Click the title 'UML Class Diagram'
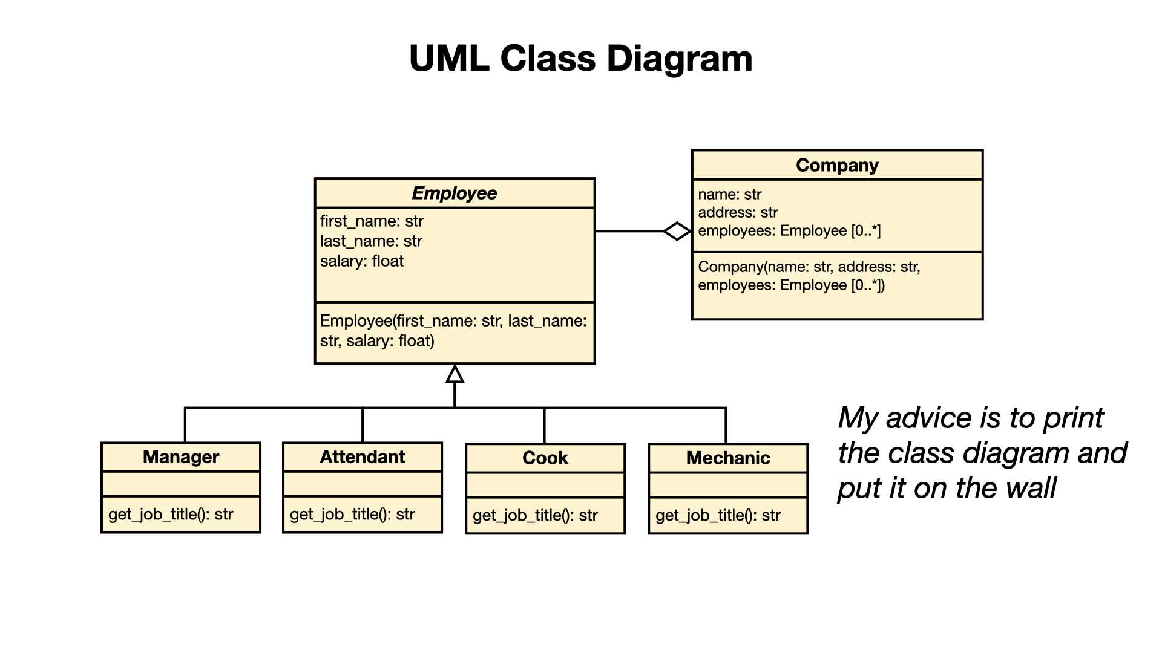pos(580,59)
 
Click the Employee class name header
pos(455,193)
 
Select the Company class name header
pos(837,165)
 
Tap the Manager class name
pos(181,457)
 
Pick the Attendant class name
pos(363,457)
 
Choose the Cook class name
pos(545,458)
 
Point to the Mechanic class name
pos(728,458)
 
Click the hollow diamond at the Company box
pos(677,231)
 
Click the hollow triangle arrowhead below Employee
pos(455,374)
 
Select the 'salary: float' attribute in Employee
pos(361,261)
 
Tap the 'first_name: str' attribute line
pos(372,221)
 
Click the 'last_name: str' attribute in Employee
pos(371,241)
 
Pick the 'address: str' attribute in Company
pos(738,213)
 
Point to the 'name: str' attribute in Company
pos(729,195)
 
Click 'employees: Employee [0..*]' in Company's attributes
pos(789,231)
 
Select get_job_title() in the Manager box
pos(171,515)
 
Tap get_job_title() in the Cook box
pos(535,516)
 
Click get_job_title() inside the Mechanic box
pos(718,516)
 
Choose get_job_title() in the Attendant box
pos(352,515)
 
